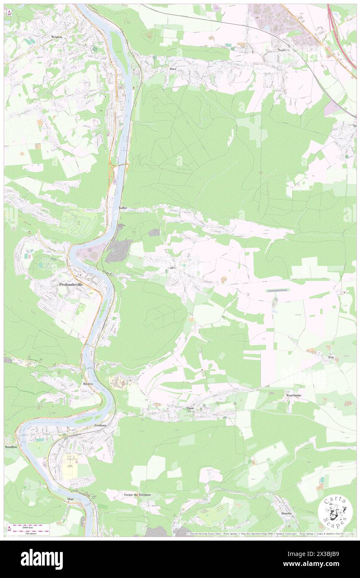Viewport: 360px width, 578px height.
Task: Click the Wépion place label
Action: [x=57, y=37]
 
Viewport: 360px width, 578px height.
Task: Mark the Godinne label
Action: [x=101, y=425]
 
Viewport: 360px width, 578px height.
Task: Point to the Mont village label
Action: [x=190, y=408]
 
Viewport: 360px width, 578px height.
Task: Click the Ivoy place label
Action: [x=331, y=357]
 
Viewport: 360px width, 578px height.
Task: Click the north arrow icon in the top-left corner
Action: [x=9, y=13]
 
